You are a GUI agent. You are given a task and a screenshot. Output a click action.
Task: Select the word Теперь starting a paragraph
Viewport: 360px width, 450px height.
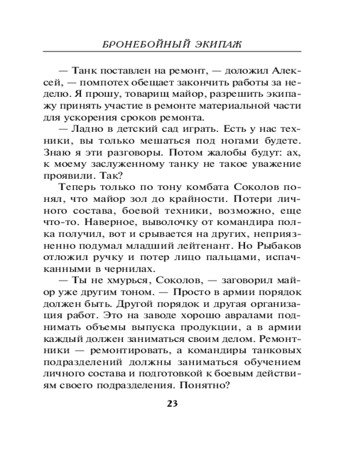(x=76, y=188)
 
